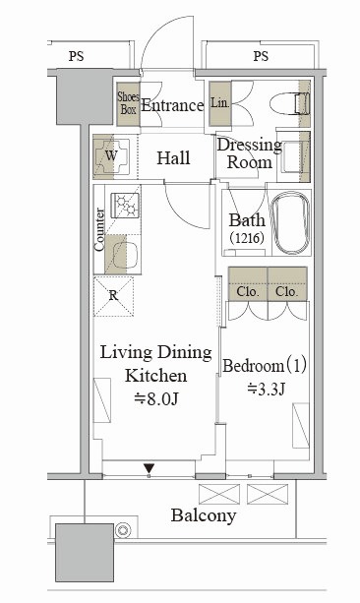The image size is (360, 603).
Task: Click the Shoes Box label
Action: (x=129, y=103)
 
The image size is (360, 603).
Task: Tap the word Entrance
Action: (x=172, y=105)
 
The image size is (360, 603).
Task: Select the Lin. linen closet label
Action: (x=220, y=102)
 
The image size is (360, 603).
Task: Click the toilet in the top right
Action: (x=289, y=104)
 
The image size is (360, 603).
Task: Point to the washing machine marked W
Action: (x=111, y=156)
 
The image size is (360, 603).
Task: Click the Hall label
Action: (x=173, y=157)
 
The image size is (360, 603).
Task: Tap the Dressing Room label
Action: (x=250, y=153)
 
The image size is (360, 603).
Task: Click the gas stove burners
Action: (x=125, y=206)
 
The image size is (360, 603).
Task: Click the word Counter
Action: (x=99, y=229)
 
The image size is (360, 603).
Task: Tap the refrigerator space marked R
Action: (x=113, y=296)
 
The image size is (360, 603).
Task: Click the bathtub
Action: (x=290, y=222)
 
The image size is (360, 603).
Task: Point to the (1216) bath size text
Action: (x=247, y=238)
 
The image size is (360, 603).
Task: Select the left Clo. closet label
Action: (x=247, y=292)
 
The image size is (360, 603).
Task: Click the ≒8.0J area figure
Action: (x=156, y=399)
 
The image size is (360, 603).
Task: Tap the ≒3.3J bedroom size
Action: (x=266, y=390)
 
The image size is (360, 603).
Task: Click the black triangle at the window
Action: (x=150, y=468)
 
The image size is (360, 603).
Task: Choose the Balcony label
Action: (x=204, y=516)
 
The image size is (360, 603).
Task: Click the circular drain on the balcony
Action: (x=123, y=530)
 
